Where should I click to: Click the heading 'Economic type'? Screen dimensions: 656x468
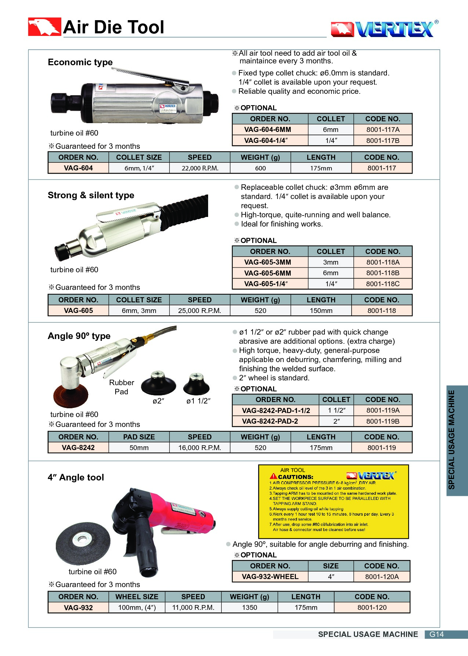click(80, 62)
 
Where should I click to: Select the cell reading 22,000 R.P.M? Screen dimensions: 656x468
click(200, 168)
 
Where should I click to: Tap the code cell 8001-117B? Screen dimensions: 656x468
click(382, 140)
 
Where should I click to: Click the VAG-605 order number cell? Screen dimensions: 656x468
click(78, 311)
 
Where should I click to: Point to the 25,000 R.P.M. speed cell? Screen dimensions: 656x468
click(200, 311)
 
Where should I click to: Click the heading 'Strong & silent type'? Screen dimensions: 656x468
click(91, 195)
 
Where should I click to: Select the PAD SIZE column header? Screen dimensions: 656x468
click(139, 437)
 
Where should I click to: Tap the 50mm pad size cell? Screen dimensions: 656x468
click(139, 448)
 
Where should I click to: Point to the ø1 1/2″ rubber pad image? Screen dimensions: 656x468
click(196, 384)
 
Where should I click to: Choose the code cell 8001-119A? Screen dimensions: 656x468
click(382, 410)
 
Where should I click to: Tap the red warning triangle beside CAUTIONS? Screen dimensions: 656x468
click(273, 476)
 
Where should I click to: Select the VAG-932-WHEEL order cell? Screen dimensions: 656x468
click(270, 577)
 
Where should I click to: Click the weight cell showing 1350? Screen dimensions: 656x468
click(249, 608)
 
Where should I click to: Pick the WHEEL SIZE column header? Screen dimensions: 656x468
click(137, 597)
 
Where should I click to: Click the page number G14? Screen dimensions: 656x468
click(436, 634)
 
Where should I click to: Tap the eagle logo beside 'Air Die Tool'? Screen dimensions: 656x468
click(44, 27)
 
